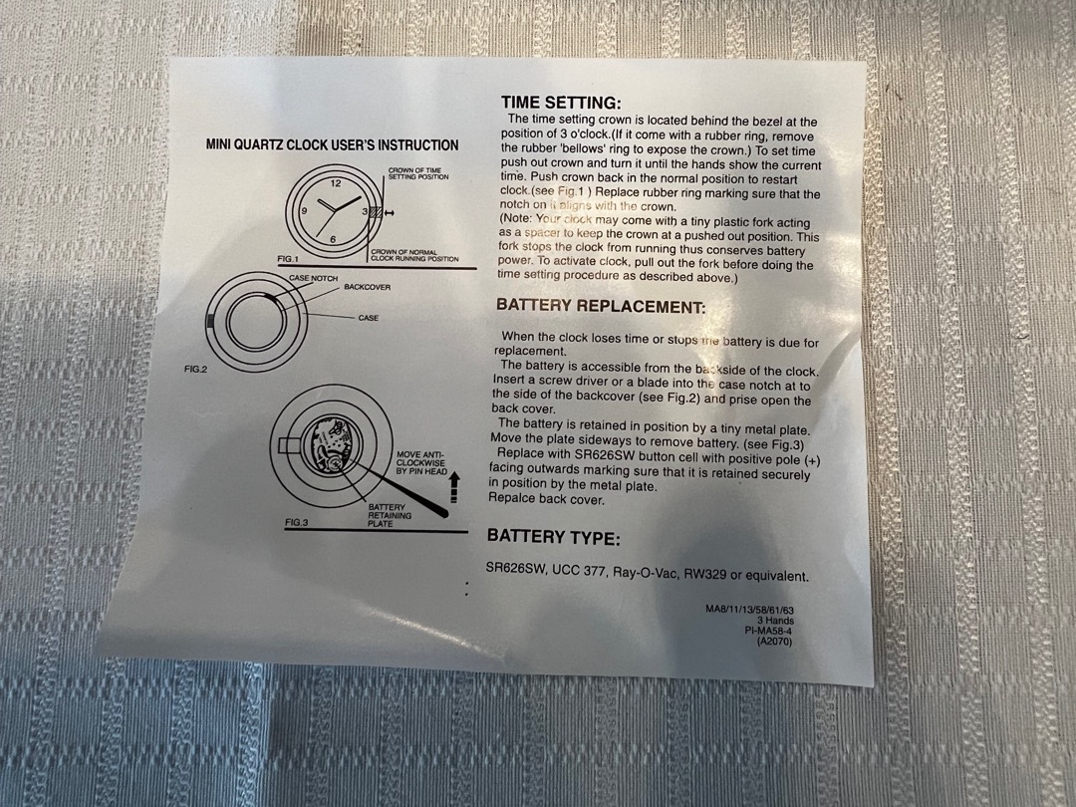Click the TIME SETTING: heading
pyautogui.click(x=561, y=103)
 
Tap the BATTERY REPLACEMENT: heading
pyautogui.click(x=601, y=306)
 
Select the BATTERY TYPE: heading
pyautogui.click(x=553, y=537)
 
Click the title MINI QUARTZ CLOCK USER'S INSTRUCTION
pyautogui.click(x=332, y=144)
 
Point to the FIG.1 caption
pyautogui.click(x=288, y=259)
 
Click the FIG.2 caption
pyautogui.click(x=195, y=370)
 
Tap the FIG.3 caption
pyautogui.click(x=297, y=522)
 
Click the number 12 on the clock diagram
pyautogui.click(x=336, y=183)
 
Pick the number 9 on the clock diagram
pyautogui.click(x=304, y=211)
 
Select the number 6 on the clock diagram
pyautogui.click(x=333, y=239)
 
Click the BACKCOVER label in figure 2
pyautogui.click(x=367, y=287)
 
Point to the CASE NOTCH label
pyautogui.click(x=313, y=279)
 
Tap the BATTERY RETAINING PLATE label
pyautogui.click(x=390, y=515)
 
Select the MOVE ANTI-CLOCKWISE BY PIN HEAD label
pyautogui.click(x=421, y=463)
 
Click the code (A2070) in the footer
pyautogui.click(x=774, y=642)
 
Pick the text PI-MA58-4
pyautogui.click(x=768, y=631)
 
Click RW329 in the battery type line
pyautogui.click(x=704, y=575)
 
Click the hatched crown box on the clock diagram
pyautogui.click(x=376, y=213)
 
